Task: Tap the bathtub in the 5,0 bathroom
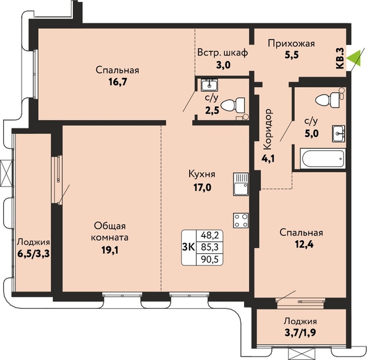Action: tap(323, 158)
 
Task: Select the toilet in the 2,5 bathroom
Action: tap(232, 105)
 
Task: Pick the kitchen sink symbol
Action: tap(240, 184)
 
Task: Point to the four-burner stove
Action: tap(240, 220)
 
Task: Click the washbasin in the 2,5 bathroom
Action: tap(209, 85)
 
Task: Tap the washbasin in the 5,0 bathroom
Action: tap(338, 133)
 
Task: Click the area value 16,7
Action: tap(117, 82)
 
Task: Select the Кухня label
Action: tap(202, 174)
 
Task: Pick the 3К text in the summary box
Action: tap(188, 247)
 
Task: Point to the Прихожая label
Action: tap(292, 43)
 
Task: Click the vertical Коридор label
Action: tap(268, 128)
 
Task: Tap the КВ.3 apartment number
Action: tap(340, 58)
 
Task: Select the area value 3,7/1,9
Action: tap(301, 333)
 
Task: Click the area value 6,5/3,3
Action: tap(33, 253)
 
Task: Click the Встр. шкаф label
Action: tap(222, 52)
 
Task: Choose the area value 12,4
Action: tap(304, 245)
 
